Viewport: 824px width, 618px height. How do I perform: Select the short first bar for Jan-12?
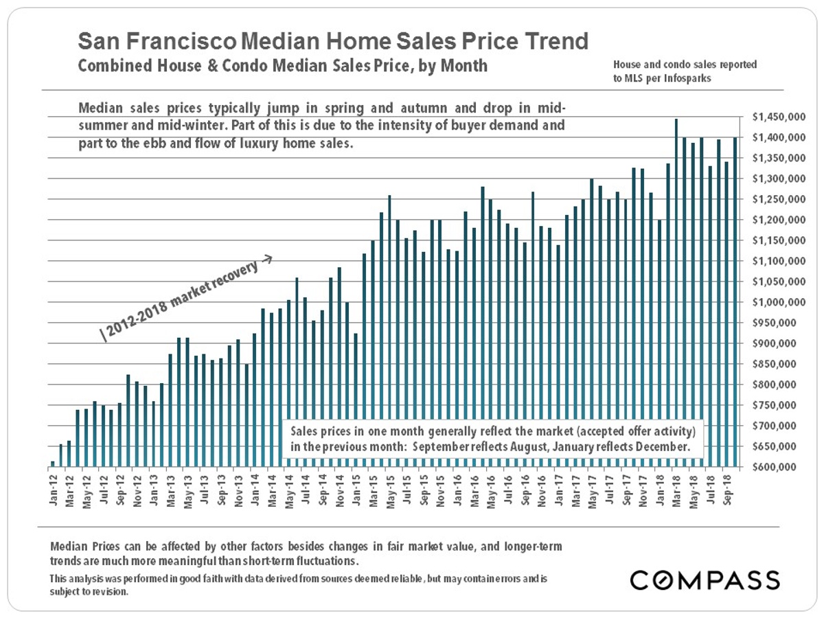(x=53, y=465)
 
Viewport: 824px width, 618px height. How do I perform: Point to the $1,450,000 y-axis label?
(x=776, y=117)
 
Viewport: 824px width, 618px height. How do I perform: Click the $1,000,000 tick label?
(x=776, y=303)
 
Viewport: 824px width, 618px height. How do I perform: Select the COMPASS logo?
(x=705, y=580)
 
